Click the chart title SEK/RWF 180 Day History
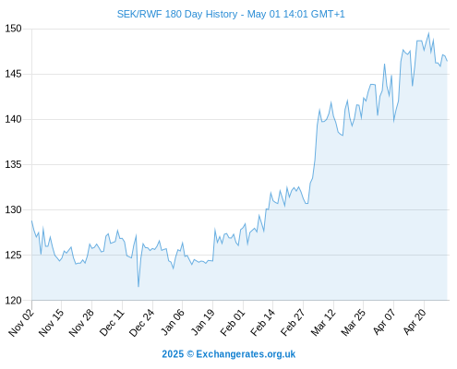[177, 14]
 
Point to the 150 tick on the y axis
[14, 29]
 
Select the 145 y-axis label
[14, 74]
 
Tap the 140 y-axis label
[14, 119]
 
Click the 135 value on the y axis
[14, 164]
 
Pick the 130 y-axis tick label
[14, 209]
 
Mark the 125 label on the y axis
[14, 255]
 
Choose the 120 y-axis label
[14, 300]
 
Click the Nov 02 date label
[21, 322]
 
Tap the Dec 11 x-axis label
[112, 322]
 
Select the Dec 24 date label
[142, 322]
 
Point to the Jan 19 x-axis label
[203, 322]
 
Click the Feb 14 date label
[262, 322]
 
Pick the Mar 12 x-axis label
[323, 322]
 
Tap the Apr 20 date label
[415, 322]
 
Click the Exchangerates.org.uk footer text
[246, 354]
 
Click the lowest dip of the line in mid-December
[138, 287]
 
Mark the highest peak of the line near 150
[428, 33]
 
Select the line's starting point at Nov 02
[31, 220]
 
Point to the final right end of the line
[447, 61]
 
